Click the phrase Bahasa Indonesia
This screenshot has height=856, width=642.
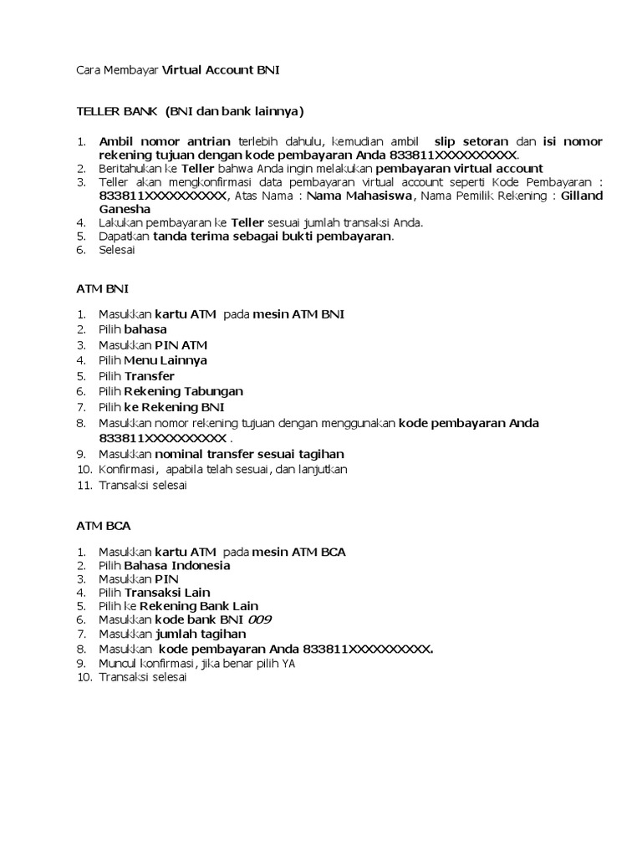click(x=177, y=565)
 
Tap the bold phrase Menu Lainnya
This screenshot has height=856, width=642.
click(x=166, y=360)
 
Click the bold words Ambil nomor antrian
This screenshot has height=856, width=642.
click(x=164, y=140)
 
